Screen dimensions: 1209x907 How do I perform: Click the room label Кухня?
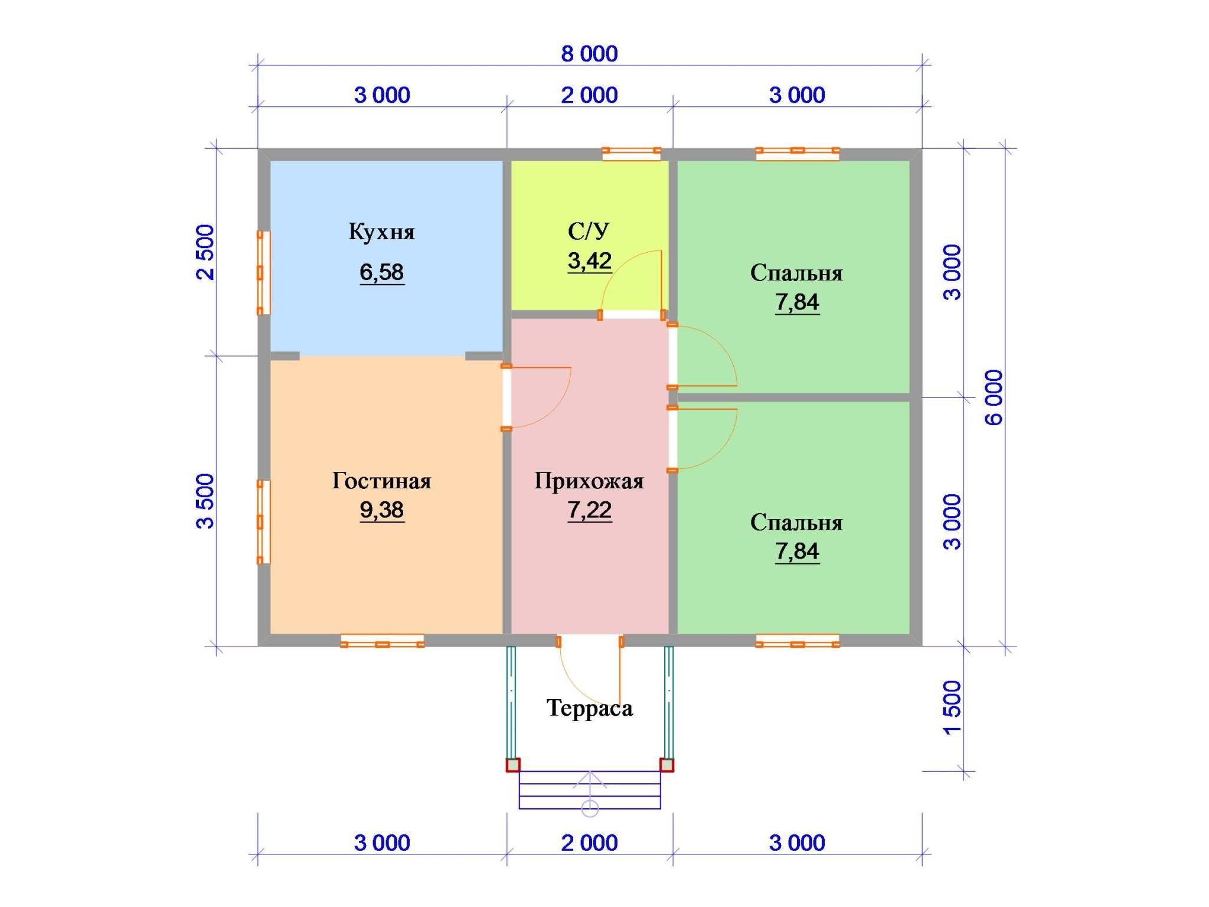pos(381,232)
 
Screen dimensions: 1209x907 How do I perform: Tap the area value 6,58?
pos(381,272)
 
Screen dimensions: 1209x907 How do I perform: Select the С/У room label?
pos(589,231)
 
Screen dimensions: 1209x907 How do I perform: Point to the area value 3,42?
pos(589,260)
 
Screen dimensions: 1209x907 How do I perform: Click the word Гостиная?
pos(381,481)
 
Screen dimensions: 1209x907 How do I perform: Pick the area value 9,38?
pos(381,510)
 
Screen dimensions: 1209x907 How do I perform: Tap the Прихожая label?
pos(589,482)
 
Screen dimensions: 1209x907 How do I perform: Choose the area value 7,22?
pos(589,510)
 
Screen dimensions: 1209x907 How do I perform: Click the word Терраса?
pos(589,708)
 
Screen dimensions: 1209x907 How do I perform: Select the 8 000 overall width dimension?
pos(589,54)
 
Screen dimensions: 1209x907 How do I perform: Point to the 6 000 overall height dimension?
pos(994,397)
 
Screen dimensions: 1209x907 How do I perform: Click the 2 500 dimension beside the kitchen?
pos(205,252)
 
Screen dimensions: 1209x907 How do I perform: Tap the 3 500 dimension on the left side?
pos(205,501)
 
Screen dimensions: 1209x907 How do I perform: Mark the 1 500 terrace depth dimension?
pos(952,707)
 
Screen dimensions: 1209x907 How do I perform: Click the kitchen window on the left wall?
pos(263,273)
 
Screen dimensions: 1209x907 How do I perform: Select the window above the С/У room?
pos(631,154)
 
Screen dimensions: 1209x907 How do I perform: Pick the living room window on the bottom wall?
pos(382,641)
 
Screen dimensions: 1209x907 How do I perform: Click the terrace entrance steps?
pos(590,790)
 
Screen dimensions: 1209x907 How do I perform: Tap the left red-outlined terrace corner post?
pos(513,765)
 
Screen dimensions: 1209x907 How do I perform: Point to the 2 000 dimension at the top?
pos(589,95)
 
